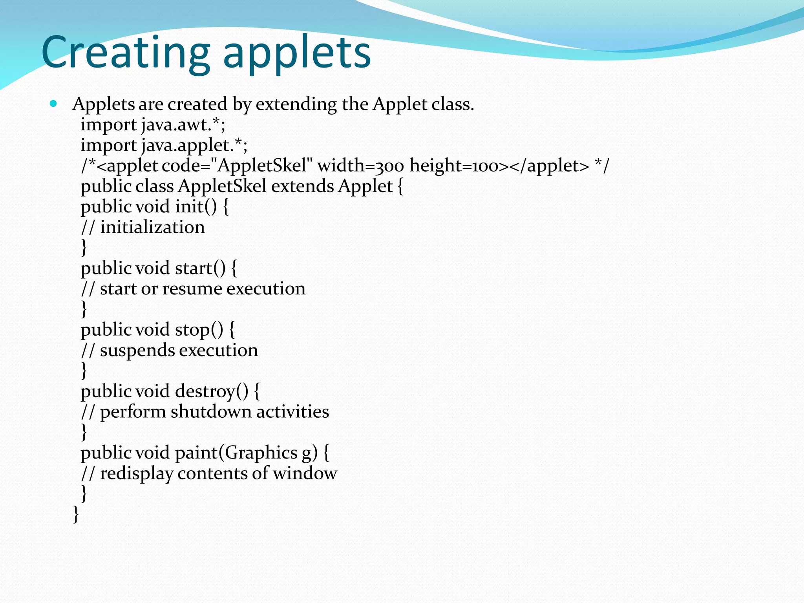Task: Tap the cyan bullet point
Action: click(54, 104)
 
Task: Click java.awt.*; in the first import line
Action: click(183, 125)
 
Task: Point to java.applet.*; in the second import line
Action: click(194, 146)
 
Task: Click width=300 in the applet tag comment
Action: click(360, 166)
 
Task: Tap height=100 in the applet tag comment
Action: click(453, 166)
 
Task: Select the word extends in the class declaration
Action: click(302, 186)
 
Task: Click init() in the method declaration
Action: click(196, 207)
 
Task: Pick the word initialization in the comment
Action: click(152, 228)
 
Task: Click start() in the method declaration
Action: click(200, 269)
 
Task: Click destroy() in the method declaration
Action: click(212, 391)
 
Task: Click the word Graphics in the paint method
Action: click(261, 453)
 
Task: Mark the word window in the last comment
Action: click(305, 473)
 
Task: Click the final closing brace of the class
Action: click(76, 514)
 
